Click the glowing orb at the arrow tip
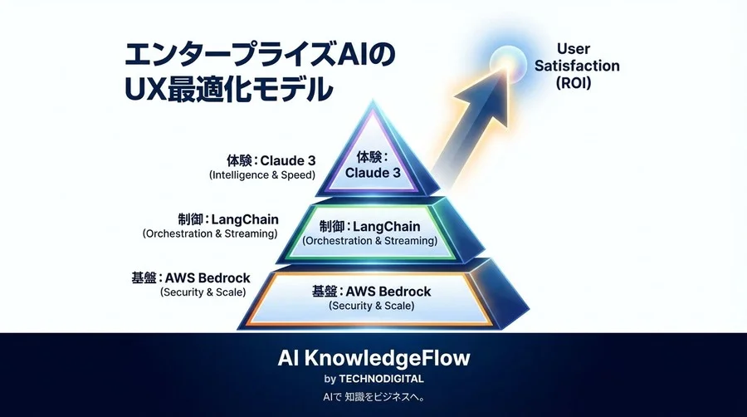[x=506, y=61]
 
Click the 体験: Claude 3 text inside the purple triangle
[x=373, y=165]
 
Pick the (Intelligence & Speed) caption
[x=261, y=175]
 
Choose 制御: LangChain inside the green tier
[x=369, y=226]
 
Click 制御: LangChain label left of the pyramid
[x=227, y=218]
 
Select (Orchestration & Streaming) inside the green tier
[x=369, y=241]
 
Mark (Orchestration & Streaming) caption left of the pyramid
[x=209, y=233]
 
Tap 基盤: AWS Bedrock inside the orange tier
[x=371, y=291]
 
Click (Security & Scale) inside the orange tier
[x=371, y=306]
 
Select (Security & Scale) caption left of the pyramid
[x=203, y=292]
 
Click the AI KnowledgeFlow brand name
[x=373, y=358]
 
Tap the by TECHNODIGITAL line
[x=373, y=379]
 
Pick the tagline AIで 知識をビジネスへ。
[x=373, y=397]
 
